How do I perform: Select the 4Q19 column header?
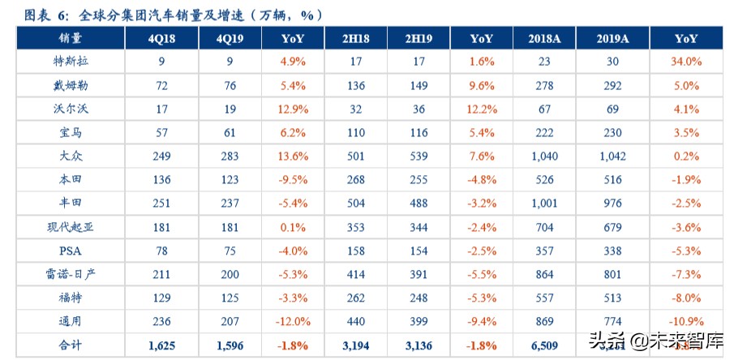[x=230, y=38]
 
